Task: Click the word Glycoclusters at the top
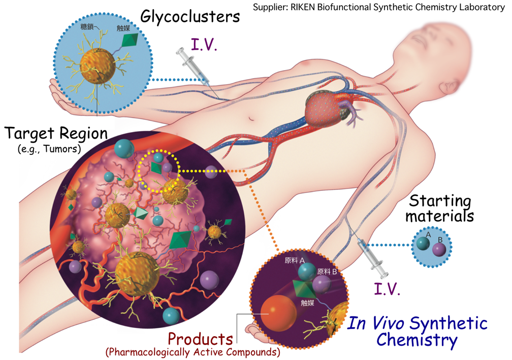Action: point(190,17)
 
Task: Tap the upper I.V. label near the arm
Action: point(204,45)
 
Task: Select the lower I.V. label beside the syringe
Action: point(387,289)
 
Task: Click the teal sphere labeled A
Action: point(423,244)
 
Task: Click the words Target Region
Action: point(56,133)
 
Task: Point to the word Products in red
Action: point(200,339)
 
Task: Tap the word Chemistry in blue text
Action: point(417,340)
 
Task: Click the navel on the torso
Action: point(251,118)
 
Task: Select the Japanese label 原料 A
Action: point(295,260)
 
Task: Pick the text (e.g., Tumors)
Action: point(49,149)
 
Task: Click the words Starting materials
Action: point(440,209)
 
